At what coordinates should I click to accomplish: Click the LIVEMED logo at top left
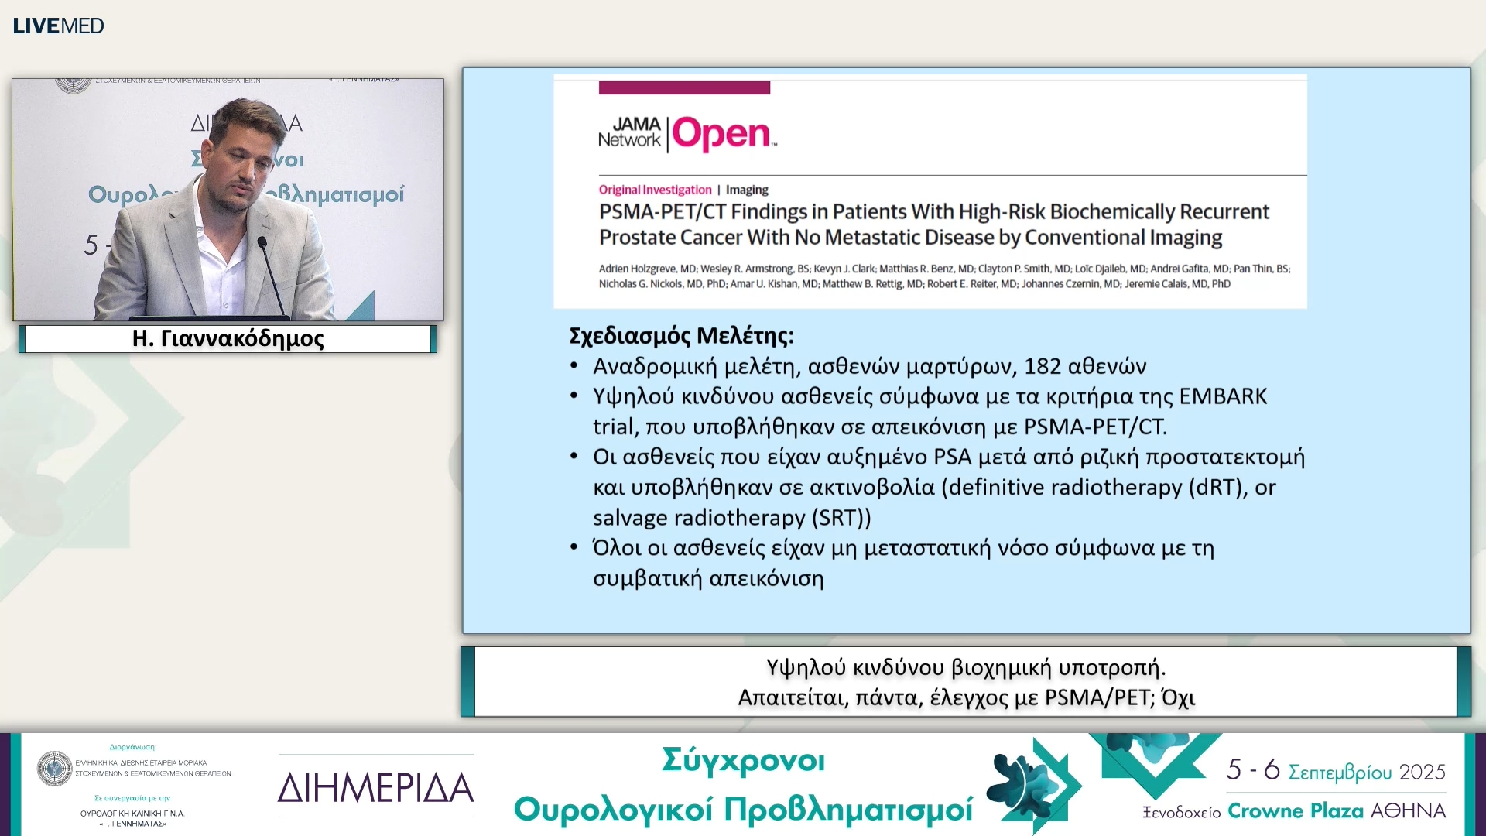coord(58,26)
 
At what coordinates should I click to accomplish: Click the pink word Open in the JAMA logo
coord(721,135)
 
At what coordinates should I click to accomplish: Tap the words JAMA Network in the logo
coord(630,132)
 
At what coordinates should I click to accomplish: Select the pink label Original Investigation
coord(655,190)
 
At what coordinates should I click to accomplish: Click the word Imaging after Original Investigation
coord(747,190)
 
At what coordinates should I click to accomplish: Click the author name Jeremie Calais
coord(1156,284)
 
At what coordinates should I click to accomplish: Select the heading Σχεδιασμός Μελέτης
coord(681,336)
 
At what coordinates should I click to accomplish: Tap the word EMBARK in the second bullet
coord(1223,396)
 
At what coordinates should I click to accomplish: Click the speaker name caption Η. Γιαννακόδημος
coord(228,339)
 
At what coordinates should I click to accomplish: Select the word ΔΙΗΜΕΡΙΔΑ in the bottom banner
coord(375,788)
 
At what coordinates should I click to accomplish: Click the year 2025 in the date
coord(1422,772)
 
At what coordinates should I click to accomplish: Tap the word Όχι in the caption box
coord(1178,698)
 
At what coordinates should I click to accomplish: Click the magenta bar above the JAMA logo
coord(684,87)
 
